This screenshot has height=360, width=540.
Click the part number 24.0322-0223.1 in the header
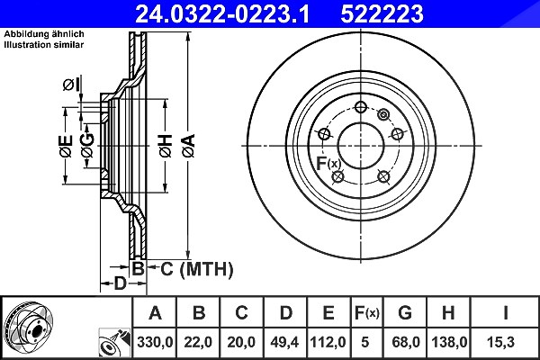222,14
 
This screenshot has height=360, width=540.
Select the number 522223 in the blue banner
382,14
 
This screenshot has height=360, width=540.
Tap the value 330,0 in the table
155,342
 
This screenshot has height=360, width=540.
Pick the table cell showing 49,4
284,342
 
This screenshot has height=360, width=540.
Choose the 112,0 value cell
328,342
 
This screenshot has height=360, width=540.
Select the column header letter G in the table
405,313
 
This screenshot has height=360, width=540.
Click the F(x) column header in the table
367,313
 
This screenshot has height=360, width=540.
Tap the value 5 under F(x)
365,342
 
